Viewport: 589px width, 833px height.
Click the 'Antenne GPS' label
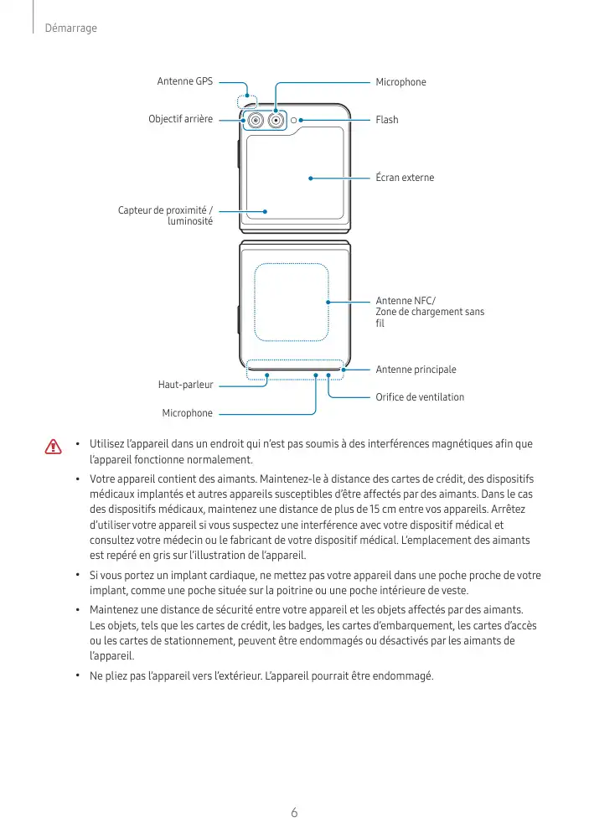(184, 81)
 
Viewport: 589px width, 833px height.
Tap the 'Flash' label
(387, 120)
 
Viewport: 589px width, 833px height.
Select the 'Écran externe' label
(405, 178)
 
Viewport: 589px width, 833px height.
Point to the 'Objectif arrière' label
(180, 120)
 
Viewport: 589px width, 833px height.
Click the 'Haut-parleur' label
(185, 385)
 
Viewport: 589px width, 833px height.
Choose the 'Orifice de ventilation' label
(419, 396)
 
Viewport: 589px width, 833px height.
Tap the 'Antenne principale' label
(416, 369)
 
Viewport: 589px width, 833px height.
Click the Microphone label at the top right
(400, 82)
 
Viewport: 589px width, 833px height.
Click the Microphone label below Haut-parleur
(187, 413)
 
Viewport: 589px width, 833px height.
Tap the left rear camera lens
(253, 122)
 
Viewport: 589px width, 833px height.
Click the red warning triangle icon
(54, 446)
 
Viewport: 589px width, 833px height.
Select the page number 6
(294, 812)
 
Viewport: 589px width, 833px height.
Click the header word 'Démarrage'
(71, 28)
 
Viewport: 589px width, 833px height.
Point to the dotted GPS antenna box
(247, 101)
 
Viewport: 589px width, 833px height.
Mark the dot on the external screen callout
(310, 178)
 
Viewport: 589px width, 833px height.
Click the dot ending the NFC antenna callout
(328, 302)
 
